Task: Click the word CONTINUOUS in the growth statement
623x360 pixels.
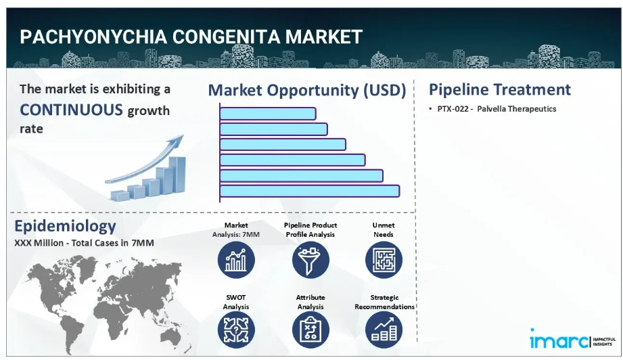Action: pyautogui.click(x=72, y=110)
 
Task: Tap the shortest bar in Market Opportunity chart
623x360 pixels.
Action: pyautogui.click(x=268, y=114)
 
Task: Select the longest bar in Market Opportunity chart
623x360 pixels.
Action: pyautogui.click(x=310, y=191)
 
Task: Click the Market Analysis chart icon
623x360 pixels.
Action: pyautogui.click(x=236, y=261)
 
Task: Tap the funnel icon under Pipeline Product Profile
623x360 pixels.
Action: pyautogui.click(x=310, y=261)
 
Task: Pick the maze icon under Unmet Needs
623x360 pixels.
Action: pyautogui.click(x=384, y=261)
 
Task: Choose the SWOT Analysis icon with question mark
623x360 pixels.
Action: pyautogui.click(x=236, y=330)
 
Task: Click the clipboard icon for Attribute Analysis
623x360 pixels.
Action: pyautogui.click(x=310, y=330)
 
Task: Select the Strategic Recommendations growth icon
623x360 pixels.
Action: pyautogui.click(x=384, y=330)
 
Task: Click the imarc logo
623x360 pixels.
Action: pyautogui.click(x=572, y=339)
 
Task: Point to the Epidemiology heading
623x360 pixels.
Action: pyautogui.click(x=65, y=226)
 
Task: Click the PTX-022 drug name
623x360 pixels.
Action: pyautogui.click(x=453, y=109)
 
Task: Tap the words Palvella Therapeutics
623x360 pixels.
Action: pyautogui.click(x=517, y=109)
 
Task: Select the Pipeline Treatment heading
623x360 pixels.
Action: pyautogui.click(x=500, y=89)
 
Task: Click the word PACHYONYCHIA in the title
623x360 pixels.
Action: pyautogui.click(x=94, y=37)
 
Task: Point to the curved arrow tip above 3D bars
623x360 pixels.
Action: pyautogui.click(x=183, y=135)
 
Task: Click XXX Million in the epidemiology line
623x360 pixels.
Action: pyautogui.click(x=39, y=243)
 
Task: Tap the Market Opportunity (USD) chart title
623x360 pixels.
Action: pyautogui.click(x=307, y=90)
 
